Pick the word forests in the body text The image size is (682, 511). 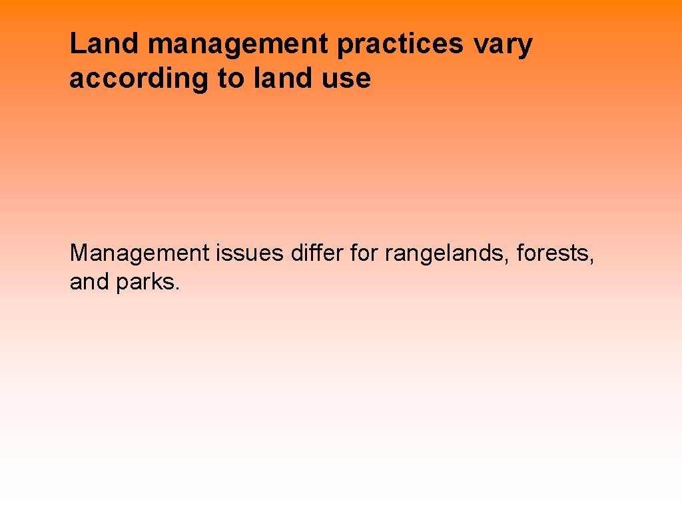tap(554, 253)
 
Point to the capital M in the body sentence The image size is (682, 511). tap(79, 253)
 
